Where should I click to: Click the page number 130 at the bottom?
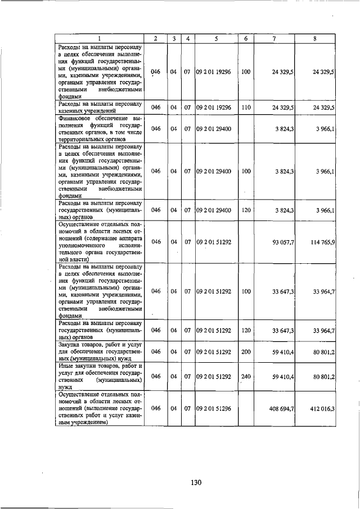195,482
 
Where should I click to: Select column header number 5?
216,38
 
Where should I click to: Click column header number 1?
99,38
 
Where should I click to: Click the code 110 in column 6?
246,107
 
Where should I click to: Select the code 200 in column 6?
246,352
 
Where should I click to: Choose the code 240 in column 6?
246,376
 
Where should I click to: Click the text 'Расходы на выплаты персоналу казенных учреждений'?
99,107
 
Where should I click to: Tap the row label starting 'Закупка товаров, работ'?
99,352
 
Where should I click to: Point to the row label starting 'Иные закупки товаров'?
99,376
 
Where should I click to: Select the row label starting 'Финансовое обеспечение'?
99,129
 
